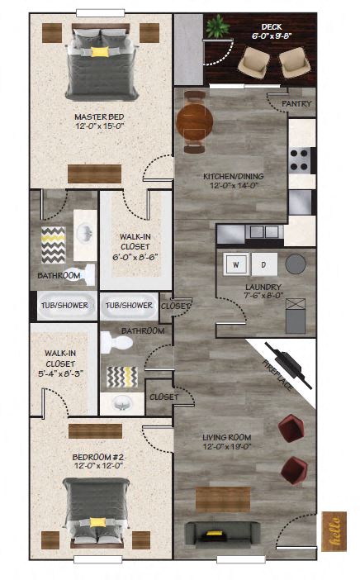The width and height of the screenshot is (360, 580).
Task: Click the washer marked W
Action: point(236,264)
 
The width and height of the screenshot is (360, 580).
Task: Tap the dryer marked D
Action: point(264,264)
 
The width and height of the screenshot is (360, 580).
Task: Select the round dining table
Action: point(195,121)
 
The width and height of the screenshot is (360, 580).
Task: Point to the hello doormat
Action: point(334,531)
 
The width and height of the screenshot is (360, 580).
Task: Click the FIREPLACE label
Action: point(277,375)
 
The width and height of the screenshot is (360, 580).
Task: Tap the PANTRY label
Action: point(296,103)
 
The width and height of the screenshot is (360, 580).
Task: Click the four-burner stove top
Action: point(300,159)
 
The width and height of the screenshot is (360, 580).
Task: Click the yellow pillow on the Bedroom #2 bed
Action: point(97,522)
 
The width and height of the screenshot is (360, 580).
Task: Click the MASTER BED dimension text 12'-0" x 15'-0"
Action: point(99,126)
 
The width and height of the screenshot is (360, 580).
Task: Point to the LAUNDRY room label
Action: point(263,287)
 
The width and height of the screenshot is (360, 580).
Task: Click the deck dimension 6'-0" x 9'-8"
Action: point(272,36)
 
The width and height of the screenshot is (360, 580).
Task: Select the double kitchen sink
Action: point(264,232)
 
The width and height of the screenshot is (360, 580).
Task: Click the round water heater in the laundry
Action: point(296,264)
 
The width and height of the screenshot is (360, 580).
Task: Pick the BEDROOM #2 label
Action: point(97,457)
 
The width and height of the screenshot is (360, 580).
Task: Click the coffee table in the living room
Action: point(223,499)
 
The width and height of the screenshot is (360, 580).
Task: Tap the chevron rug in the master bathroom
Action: point(53,245)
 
